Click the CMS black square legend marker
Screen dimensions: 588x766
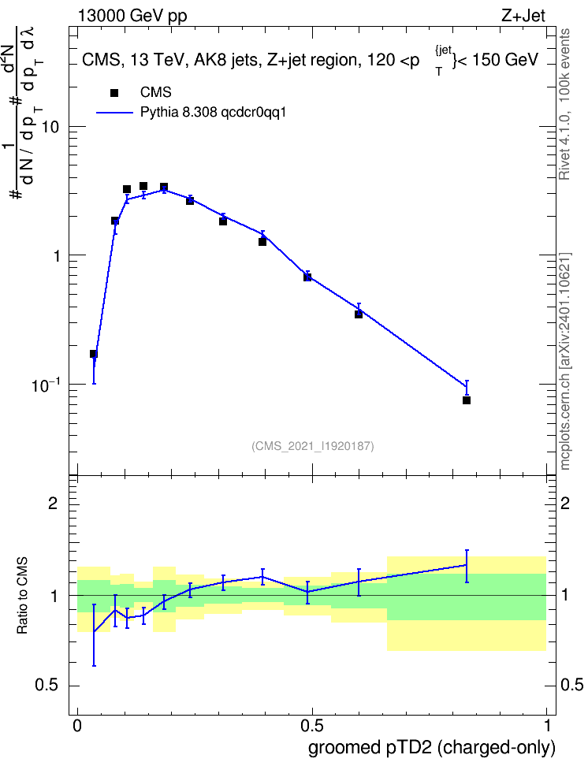114,93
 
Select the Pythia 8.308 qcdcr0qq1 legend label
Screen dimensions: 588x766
213,113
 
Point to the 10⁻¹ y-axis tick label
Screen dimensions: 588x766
45,384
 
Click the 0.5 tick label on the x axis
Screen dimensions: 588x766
311,725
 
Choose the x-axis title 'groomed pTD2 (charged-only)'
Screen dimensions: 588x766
432,748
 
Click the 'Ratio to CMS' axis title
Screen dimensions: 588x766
22,596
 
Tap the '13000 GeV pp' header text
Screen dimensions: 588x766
132,16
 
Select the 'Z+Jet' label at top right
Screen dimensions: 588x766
523,16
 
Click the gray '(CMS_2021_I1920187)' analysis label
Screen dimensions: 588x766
313,446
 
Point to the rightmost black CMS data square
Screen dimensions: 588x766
467,400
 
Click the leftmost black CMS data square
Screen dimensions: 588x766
93,354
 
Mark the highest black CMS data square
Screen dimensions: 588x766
143,186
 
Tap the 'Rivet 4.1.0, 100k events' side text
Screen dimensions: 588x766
564,105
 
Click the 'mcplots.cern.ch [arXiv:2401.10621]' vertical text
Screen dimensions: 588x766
565,362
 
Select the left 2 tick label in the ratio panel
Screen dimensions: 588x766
53,503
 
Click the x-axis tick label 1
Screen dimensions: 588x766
547,725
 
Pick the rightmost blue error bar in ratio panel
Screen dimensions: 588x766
467,566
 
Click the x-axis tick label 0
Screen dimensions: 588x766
77,725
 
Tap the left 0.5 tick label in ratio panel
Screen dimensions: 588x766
47,686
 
